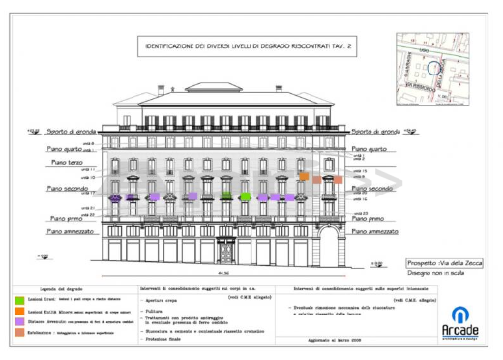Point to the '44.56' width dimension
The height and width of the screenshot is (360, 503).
pos(224,274)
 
